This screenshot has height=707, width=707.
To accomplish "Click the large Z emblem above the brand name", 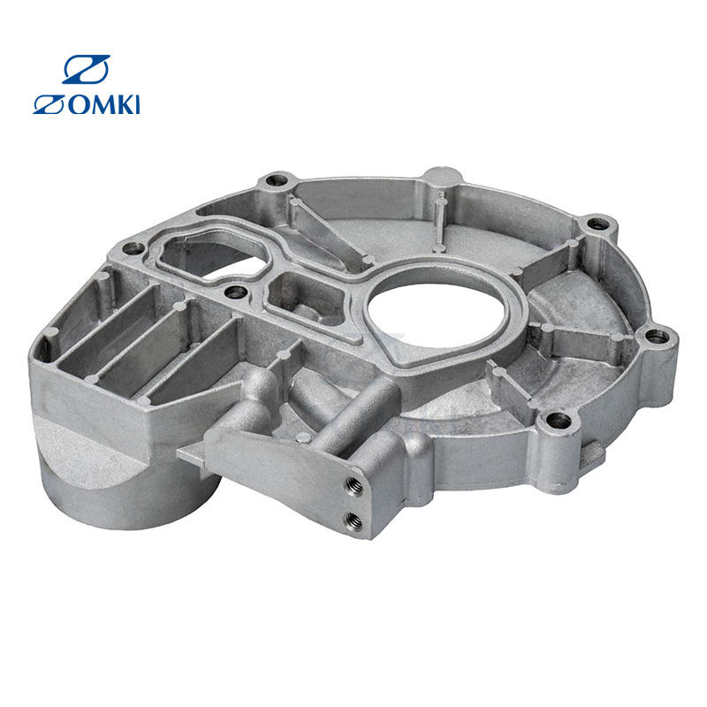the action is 86,69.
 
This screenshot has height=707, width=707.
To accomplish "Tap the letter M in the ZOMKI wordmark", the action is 104,104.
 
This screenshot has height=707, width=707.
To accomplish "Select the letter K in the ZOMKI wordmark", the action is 125,104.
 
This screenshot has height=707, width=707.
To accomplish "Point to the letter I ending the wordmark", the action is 137,104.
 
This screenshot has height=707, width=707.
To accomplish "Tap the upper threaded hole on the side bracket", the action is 353,486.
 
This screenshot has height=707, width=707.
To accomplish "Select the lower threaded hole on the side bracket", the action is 354,521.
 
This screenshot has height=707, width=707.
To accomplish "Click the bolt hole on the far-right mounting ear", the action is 657,336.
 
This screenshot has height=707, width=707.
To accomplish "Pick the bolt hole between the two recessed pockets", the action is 236,292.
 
